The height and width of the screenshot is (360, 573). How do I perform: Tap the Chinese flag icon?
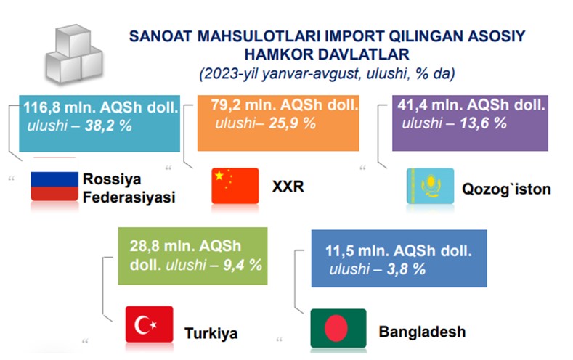coord(235,186)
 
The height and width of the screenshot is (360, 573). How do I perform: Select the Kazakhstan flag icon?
coord(430,186)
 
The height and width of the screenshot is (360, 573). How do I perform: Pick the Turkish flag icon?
coord(149,324)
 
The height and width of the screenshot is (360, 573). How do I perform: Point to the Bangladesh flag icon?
coord(338,328)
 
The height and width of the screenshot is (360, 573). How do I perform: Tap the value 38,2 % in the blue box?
coord(108,126)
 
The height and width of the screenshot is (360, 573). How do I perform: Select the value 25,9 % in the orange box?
coord(293,123)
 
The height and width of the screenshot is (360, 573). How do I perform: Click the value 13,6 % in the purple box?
coord(483,123)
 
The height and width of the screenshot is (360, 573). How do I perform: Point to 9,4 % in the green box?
coord(243,265)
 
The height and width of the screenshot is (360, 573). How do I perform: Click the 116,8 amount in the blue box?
coord(40,107)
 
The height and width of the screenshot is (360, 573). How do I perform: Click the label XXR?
coord(288,187)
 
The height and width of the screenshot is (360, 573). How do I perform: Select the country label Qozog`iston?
coord(506,189)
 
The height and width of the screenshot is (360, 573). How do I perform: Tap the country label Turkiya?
coord(211,333)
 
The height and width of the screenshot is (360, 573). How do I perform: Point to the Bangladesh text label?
coord(422,332)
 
